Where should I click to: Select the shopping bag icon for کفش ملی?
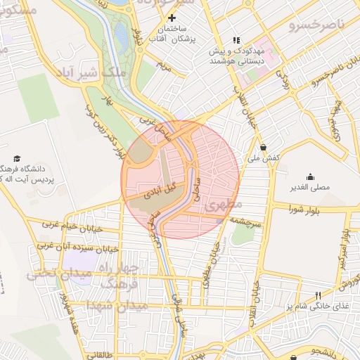tap(263, 148)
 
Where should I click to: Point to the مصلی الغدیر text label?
tap(310, 188)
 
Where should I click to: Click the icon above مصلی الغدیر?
tap(310, 176)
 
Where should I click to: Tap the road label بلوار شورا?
tap(306, 209)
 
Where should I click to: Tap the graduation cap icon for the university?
tap(17, 158)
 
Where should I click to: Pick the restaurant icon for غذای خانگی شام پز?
tap(318, 295)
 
